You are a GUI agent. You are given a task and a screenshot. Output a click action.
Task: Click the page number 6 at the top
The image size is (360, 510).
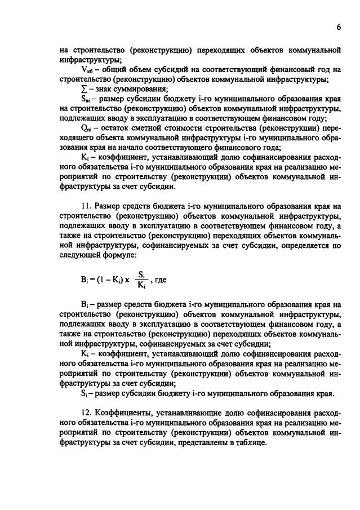pyautogui.click(x=339, y=26)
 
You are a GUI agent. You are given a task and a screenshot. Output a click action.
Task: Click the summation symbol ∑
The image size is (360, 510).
pyautogui.click(x=85, y=89)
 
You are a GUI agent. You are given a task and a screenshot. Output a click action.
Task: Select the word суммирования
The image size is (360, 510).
pyautogui.click(x=143, y=89)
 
